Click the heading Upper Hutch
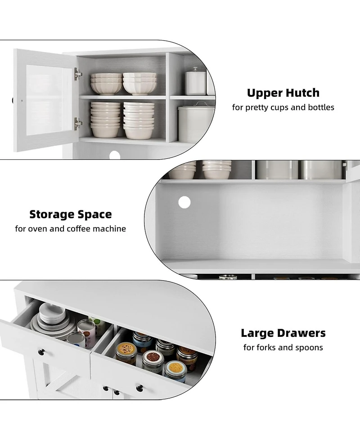tap(283, 93)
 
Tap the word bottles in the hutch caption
tap(320, 108)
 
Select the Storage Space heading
tap(71, 214)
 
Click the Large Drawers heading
tap(283, 333)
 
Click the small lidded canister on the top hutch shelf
tap(195, 82)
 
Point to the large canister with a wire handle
tap(196, 123)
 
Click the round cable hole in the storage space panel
tap(184, 202)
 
